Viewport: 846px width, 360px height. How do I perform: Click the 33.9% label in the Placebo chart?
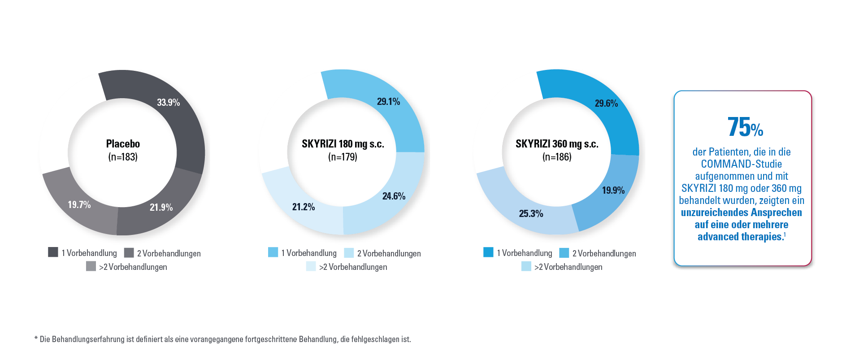(x=168, y=103)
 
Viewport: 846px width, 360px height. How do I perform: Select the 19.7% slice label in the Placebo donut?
(x=79, y=205)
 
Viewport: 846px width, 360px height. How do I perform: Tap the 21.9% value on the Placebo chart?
(x=161, y=207)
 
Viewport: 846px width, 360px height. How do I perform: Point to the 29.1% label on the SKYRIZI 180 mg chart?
(x=388, y=102)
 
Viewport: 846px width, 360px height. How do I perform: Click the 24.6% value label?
(x=394, y=196)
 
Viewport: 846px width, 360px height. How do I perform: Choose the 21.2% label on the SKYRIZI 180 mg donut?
(x=304, y=207)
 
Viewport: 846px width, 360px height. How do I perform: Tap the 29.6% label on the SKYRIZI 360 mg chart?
(x=606, y=104)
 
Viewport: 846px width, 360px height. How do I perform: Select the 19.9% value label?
(x=613, y=191)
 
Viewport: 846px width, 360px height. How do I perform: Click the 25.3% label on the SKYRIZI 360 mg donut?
(x=531, y=213)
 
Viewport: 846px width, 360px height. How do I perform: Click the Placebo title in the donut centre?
(x=123, y=144)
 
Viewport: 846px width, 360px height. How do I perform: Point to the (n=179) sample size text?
(x=343, y=157)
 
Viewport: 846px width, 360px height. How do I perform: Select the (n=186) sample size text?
(x=557, y=157)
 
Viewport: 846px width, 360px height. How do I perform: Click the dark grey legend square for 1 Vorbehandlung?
(x=53, y=252)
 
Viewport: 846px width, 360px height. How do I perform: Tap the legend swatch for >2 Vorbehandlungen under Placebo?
(x=91, y=266)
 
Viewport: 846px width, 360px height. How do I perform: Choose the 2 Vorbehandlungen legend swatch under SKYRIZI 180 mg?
(x=349, y=253)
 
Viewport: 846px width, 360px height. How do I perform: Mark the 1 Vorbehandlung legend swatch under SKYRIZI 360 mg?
(x=488, y=252)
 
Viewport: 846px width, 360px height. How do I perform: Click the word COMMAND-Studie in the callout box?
(x=741, y=164)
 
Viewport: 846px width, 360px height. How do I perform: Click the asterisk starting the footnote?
(x=36, y=339)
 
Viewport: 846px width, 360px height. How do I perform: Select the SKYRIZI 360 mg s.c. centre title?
(x=557, y=144)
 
